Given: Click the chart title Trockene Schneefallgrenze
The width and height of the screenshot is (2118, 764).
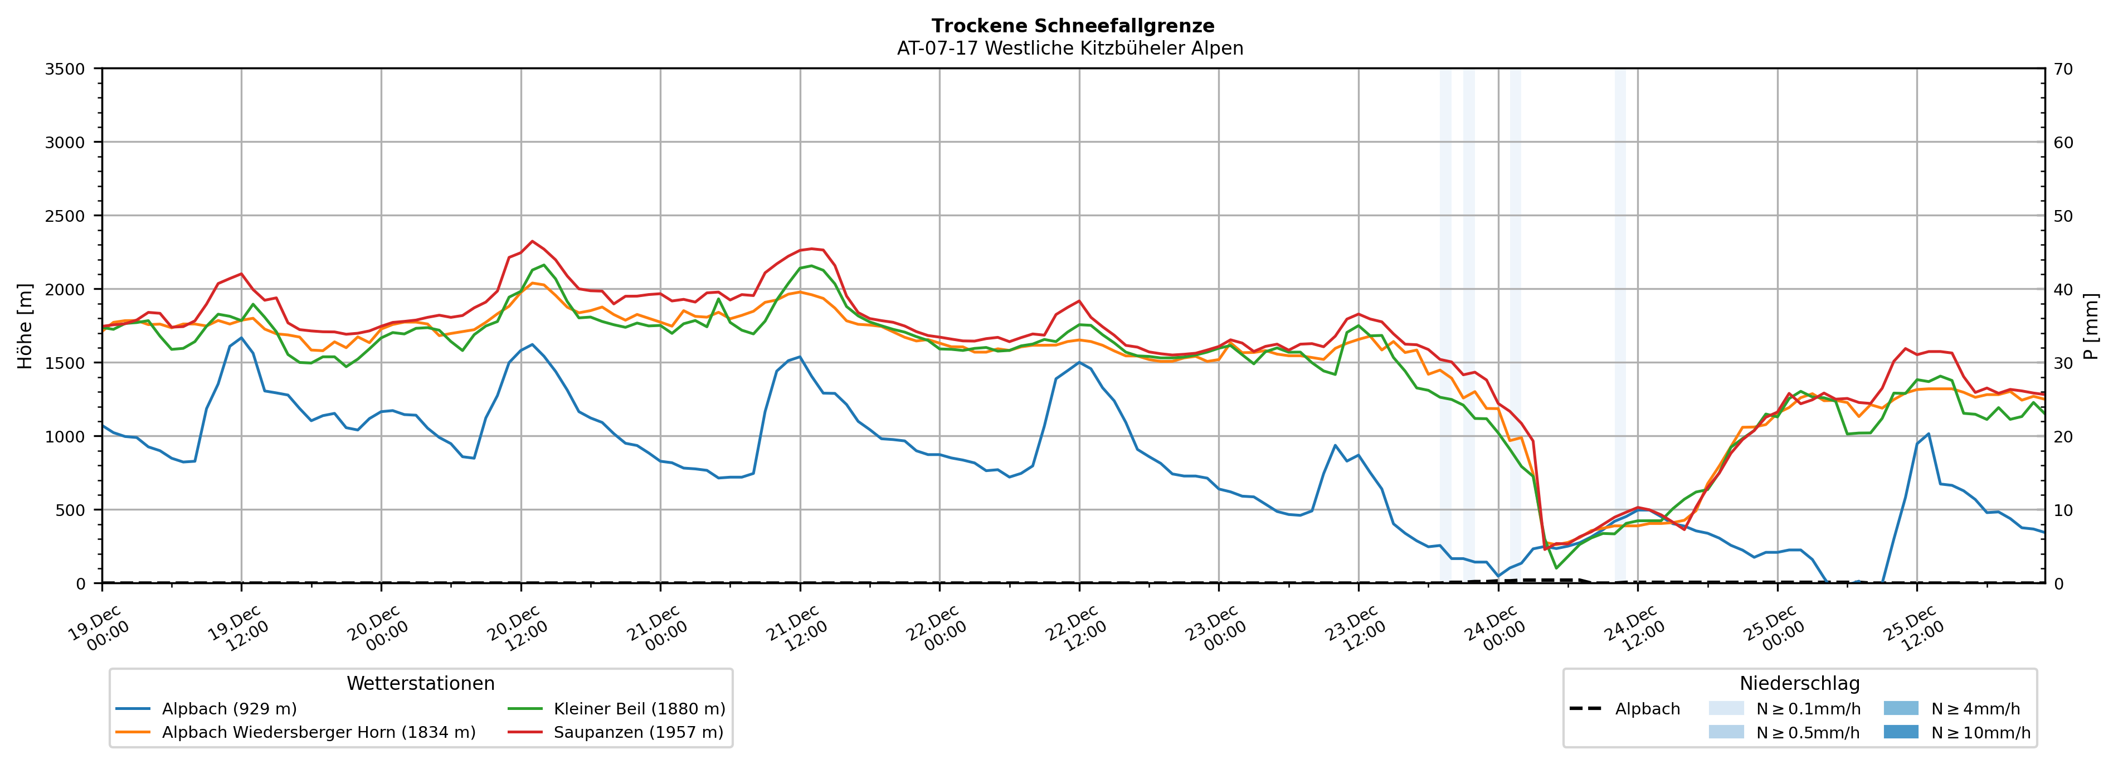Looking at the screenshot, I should coord(1072,26).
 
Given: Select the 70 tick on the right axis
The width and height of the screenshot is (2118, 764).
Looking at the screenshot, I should coord(2063,69).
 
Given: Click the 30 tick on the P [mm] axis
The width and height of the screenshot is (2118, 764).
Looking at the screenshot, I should coord(2063,363).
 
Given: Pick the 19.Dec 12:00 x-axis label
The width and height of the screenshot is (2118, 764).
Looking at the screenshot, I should coord(237,629).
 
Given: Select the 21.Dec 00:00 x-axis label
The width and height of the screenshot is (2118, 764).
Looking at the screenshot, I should coord(656,629).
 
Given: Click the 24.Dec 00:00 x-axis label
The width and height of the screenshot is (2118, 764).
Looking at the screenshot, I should coord(1494,629).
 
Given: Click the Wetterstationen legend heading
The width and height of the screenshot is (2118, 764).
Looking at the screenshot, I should coord(420,683).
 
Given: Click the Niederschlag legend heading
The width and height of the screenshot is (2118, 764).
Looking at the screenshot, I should coord(1799,683).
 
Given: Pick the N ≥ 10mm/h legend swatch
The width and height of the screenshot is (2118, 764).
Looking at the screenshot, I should coord(1900,732).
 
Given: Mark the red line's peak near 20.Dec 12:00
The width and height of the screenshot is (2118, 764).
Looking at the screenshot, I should coord(532,241).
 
